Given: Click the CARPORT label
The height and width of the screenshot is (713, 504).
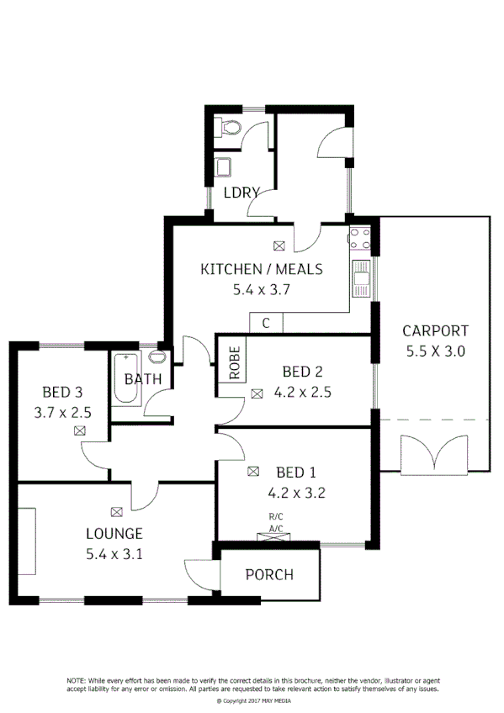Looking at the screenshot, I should click(434, 330).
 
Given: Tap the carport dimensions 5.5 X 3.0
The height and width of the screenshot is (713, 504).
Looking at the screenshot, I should click(434, 351).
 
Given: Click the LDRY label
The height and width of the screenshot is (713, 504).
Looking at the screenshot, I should click(241, 193).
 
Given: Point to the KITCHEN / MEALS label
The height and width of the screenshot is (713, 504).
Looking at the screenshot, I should click(261, 269).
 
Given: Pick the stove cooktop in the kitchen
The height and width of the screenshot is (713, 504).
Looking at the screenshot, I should click(361, 240).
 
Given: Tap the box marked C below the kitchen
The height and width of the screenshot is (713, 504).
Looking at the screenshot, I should click(266, 323).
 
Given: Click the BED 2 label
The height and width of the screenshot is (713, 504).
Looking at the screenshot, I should click(302, 371).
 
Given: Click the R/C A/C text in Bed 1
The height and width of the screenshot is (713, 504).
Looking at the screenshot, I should click(276, 521).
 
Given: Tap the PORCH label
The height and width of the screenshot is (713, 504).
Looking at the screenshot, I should click(269, 575).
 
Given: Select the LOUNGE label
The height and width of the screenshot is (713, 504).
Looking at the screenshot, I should click(114, 533).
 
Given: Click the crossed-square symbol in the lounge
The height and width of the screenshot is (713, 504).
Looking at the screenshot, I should click(115, 510).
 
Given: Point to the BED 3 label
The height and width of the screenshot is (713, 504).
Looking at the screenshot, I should click(62, 392).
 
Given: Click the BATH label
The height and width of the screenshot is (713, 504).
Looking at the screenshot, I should click(142, 379).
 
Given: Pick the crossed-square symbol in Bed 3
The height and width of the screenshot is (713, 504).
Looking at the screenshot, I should click(79, 430).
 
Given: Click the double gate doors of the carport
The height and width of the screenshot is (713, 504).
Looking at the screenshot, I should click(434, 455).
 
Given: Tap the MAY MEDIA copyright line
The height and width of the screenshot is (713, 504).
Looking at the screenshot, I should click(252, 700).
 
